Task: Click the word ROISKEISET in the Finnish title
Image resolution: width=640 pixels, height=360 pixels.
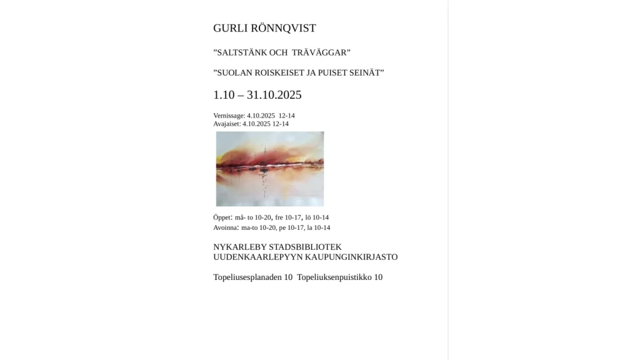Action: point(283,73)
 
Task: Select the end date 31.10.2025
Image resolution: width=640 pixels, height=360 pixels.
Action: point(274,95)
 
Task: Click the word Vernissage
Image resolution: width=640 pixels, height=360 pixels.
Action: point(228,116)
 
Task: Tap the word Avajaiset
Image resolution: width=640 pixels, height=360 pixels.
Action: point(226,124)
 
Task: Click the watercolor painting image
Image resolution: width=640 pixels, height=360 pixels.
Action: point(270,169)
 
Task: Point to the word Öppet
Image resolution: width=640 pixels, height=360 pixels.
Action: point(222,217)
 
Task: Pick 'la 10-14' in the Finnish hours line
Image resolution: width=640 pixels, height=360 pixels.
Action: point(322,227)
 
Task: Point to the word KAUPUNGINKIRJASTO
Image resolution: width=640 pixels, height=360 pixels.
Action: point(355,257)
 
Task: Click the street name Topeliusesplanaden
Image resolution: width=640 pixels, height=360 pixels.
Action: point(247,277)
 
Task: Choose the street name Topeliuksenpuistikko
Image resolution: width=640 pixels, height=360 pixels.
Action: point(334,277)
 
